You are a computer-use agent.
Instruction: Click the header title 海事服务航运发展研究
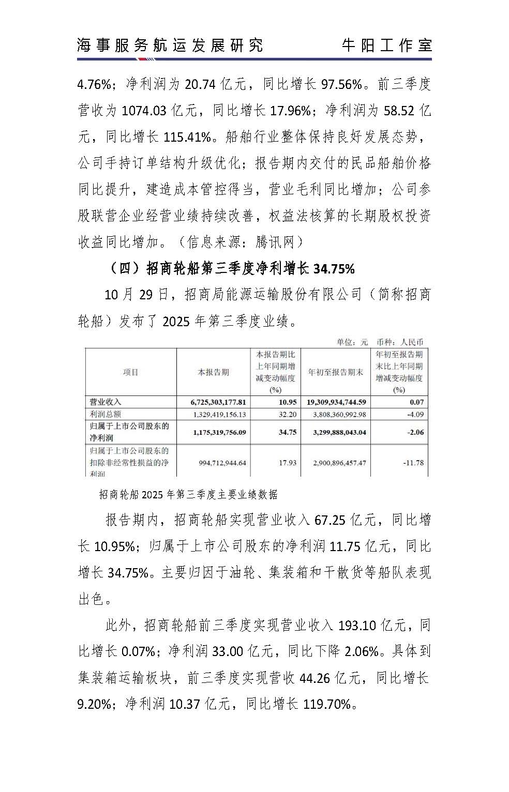(x=170, y=45)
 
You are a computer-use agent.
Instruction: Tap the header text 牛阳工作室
(x=386, y=45)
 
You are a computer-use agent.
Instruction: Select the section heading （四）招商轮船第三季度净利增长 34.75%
(x=232, y=269)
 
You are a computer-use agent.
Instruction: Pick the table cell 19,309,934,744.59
(x=336, y=402)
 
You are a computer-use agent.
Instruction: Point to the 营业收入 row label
(x=106, y=402)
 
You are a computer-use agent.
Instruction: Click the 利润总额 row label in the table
(x=106, y=414)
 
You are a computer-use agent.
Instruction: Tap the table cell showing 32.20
(x=288, y=414)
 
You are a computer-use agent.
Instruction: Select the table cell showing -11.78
(x=413, y=463)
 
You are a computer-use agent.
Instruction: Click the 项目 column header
(x=131, y=372)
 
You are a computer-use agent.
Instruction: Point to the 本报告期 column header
(x=213, y=372)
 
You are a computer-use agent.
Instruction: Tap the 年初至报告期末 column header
(x=336, y=372)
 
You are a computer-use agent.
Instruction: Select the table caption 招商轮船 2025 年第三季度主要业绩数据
(x=188, y=495)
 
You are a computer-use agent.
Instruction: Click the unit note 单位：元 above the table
(x=352, y=342)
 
